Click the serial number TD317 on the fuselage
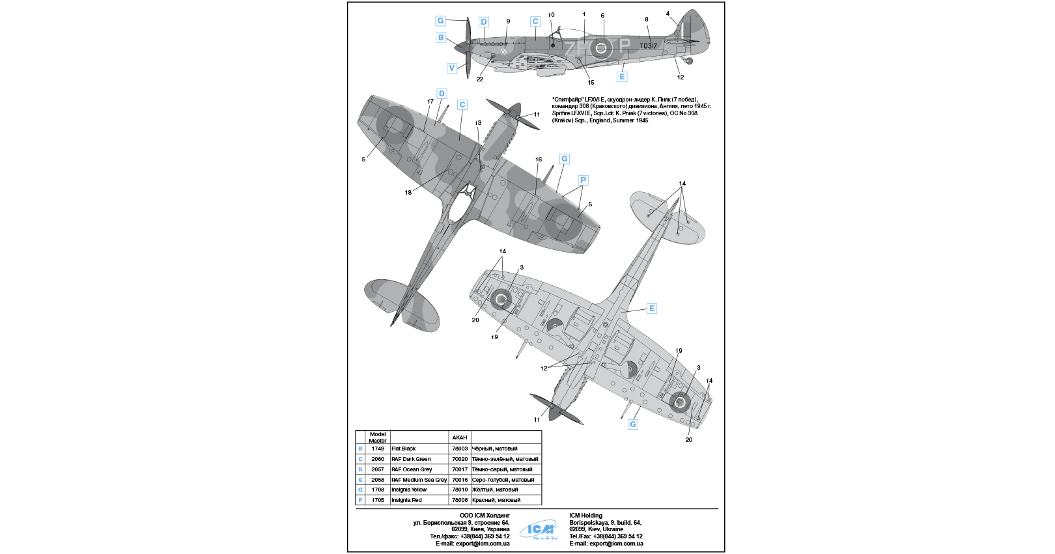point(648,46)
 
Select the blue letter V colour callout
point(451,68)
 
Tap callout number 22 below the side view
point(480,79)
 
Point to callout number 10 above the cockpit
point(551,15)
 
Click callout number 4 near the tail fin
point(668,14)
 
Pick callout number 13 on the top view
point(478,123)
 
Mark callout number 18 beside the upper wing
point(408,193)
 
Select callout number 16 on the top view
point(539,159)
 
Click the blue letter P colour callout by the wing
point(583,180)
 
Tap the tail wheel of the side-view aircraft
point(690,61)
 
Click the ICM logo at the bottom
point(539,531)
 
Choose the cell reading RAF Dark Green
point(411,459)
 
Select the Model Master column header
point(378,437)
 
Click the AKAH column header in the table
point(460,437)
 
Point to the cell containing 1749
point(378,449)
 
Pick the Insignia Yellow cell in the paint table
point(409,490)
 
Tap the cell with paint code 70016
point(460,480)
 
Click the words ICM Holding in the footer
point(585,516)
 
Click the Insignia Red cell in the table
point(406,500)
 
